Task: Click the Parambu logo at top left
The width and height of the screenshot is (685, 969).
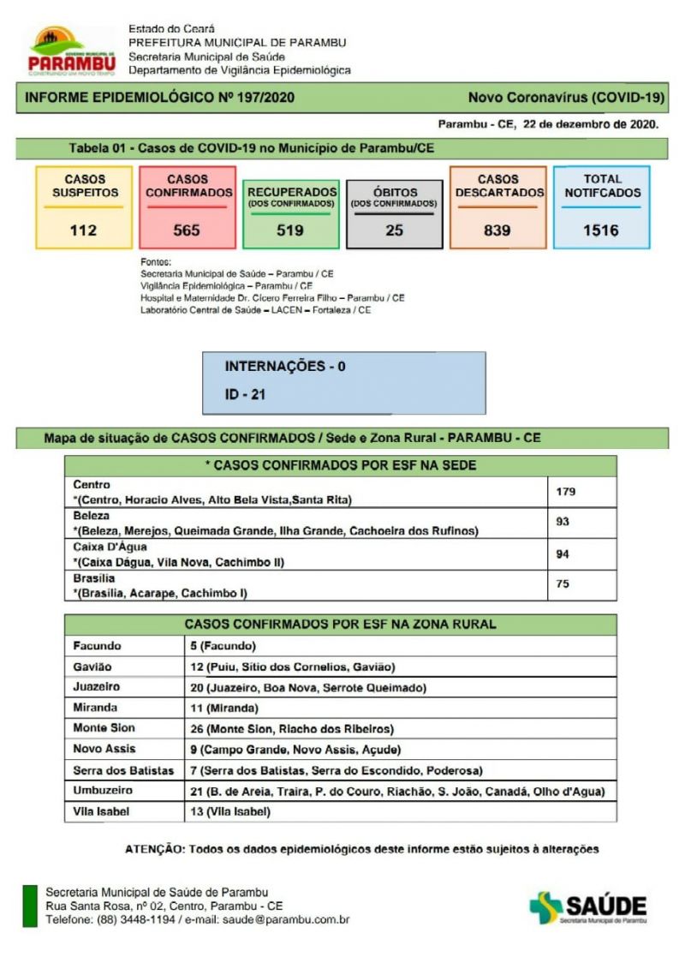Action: pyautogui.click(x=72, y=51)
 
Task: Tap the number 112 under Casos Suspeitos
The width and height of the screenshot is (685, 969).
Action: pyautogui.click(x=84, y=230)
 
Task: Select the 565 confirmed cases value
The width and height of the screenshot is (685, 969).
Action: pyautogui.click(x=187, y=230)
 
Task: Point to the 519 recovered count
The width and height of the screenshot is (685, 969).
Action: pyautogui.click(x=290, y=230)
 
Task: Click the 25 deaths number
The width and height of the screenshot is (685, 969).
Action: pyautogui.click(x=394, y=230)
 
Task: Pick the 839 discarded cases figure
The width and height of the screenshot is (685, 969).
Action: pyautogui.click(x=497, y=230)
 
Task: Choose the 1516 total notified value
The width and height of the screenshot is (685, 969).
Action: pyautogui.click(x=600, y=230)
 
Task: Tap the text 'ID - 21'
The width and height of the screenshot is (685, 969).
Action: pyautogui.click(x=245, y=395)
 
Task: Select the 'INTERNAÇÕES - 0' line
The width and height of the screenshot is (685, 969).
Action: pyautogui.click(x=285, y=366)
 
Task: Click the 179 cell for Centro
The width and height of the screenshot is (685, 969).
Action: pyautogui.click(x=566, y=492)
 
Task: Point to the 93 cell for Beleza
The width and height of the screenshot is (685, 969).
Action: pyautogui.click(x=563, y=522)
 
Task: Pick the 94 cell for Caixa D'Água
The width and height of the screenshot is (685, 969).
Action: pyautogui.click(x=563, y=553)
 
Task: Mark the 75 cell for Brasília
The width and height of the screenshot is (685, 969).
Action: pyautogui.click(x=563, y=584)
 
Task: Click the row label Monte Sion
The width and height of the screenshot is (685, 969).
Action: pyautogui.click(x=104, y=728)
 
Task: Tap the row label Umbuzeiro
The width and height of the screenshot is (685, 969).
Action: pyautogui.click(x=103, y=790)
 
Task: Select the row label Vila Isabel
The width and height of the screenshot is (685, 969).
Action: pyautogui.click(x=102, y=810)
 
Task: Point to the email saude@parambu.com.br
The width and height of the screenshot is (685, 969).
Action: pyautogui.click(x=286, y=919)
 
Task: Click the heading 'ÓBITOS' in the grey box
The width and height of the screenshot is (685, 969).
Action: pyautogui.click(x=395, y=192)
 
